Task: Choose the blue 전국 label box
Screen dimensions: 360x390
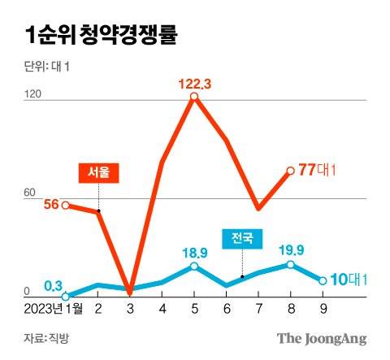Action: (242, 238)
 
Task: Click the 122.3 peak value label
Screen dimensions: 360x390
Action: (194, 82)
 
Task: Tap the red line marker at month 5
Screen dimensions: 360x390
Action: (194, 98)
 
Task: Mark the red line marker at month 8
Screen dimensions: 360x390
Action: (290, 171)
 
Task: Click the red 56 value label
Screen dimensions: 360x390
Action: (50, 205)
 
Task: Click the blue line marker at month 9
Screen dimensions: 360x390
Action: (323, 280)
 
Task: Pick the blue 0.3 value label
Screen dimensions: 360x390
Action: (54, 284)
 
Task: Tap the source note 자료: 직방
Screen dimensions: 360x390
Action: (46, 337)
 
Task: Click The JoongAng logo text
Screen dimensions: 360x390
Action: (322, 337)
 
